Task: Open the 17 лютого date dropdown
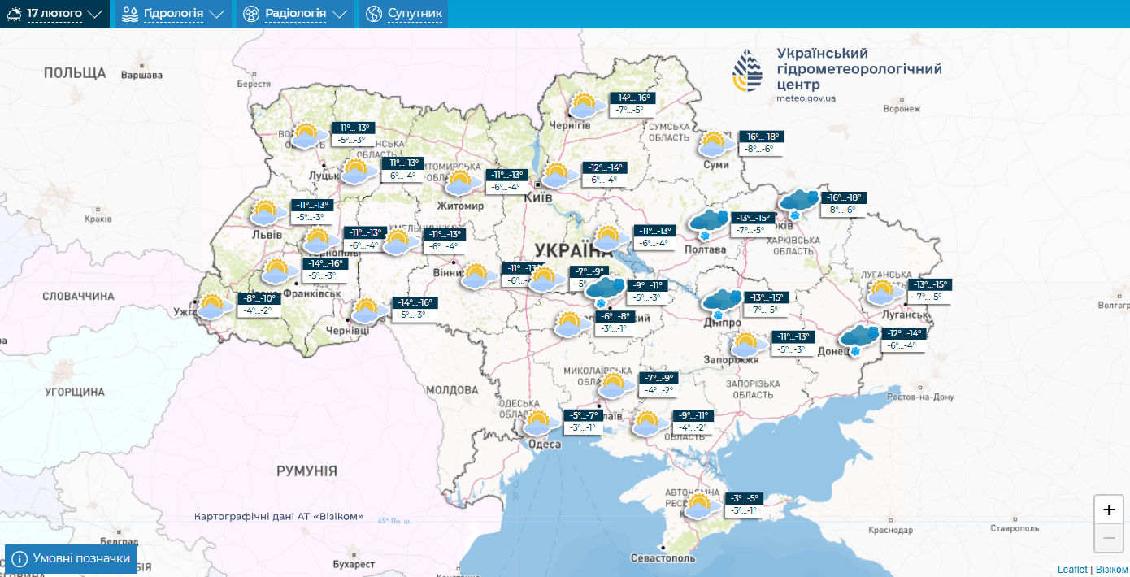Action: click(54, 14)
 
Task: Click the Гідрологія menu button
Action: click(172, 14)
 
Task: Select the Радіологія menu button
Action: click(295, 14)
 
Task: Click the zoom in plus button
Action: click(1109, 510)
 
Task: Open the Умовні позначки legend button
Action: click(71, 559)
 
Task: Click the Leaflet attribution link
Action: click(1071, 570)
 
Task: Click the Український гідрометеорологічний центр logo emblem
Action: click(748, 71)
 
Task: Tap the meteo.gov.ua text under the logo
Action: click(806, 98)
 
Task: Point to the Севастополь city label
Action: click(663, 558)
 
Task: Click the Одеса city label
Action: click(544, 444)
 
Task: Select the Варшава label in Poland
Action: click(141, 76)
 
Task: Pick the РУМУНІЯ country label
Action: click(306, 471)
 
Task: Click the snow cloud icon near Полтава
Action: click(707, 223)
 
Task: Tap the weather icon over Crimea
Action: click(698, 506)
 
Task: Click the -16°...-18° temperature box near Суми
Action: click(760, 137)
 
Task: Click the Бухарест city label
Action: click(354, 564)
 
